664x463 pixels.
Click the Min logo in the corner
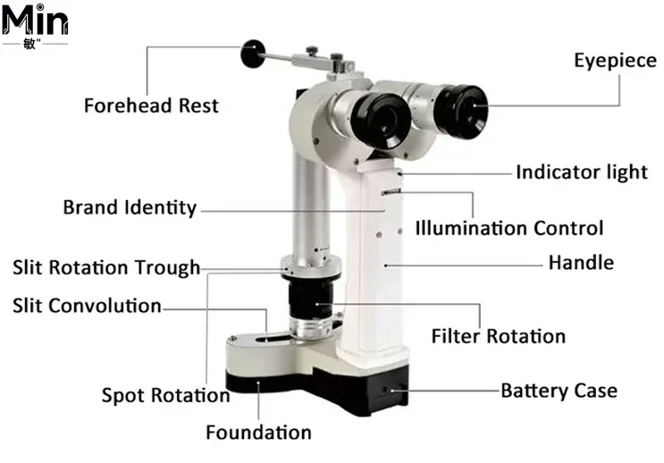point(35,25)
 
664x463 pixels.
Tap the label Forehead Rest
point(151,105)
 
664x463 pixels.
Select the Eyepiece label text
point(616,61)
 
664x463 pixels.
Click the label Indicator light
point(582,172)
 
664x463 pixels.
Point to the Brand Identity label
point(130,207)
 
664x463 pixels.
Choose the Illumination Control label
point(509,228)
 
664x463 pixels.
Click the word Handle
point(581,263)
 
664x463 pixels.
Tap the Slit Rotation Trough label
point(106,268)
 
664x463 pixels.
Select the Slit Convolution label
point(87,306)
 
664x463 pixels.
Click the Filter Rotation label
point(499,336)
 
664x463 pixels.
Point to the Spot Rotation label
point(165,395)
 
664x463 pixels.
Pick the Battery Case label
point(559,391)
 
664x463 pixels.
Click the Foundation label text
point(259,433)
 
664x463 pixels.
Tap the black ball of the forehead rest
point(253,54)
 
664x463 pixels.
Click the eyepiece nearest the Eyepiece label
point(461,112)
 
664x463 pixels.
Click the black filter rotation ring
point(311,300)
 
